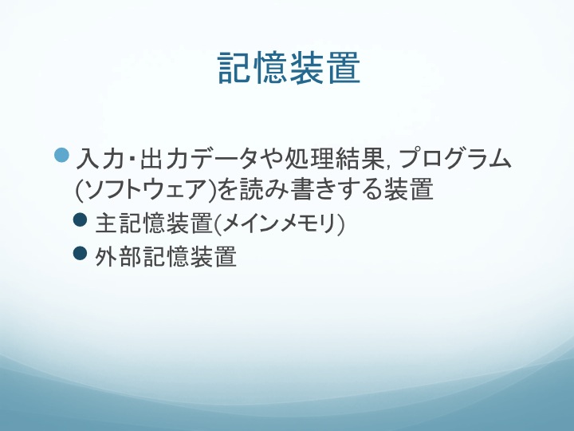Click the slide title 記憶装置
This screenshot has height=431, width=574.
[289, 68]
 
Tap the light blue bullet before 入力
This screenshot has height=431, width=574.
[61, 155]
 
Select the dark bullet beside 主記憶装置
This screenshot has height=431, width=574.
[81, 220]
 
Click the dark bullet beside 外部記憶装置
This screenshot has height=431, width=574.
[81, 253]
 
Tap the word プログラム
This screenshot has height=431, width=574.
[453, 159]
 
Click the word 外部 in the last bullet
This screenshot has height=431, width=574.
[118, 256]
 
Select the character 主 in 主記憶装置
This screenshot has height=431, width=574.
[106, 223]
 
